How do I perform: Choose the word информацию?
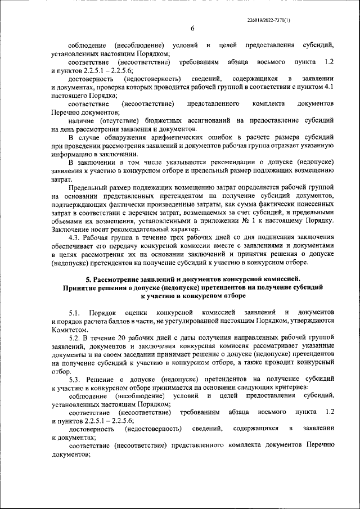pyautogui.click(x=71, y=154)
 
